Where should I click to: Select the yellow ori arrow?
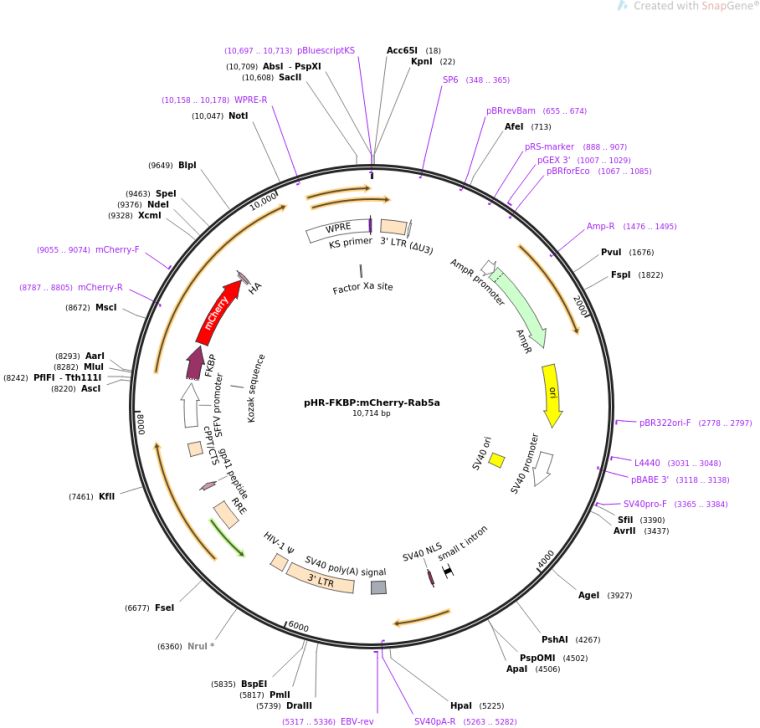[551, 392]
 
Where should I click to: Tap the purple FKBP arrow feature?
[196, 362]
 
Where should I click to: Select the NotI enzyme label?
[238, 116]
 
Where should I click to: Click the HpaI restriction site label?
[461, 704]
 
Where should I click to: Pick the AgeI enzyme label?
[590, 595]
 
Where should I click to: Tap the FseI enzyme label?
[165, 608]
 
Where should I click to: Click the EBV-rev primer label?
[357, 720]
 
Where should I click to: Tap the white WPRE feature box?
[337, 232]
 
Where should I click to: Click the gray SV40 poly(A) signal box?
[378, 587]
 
